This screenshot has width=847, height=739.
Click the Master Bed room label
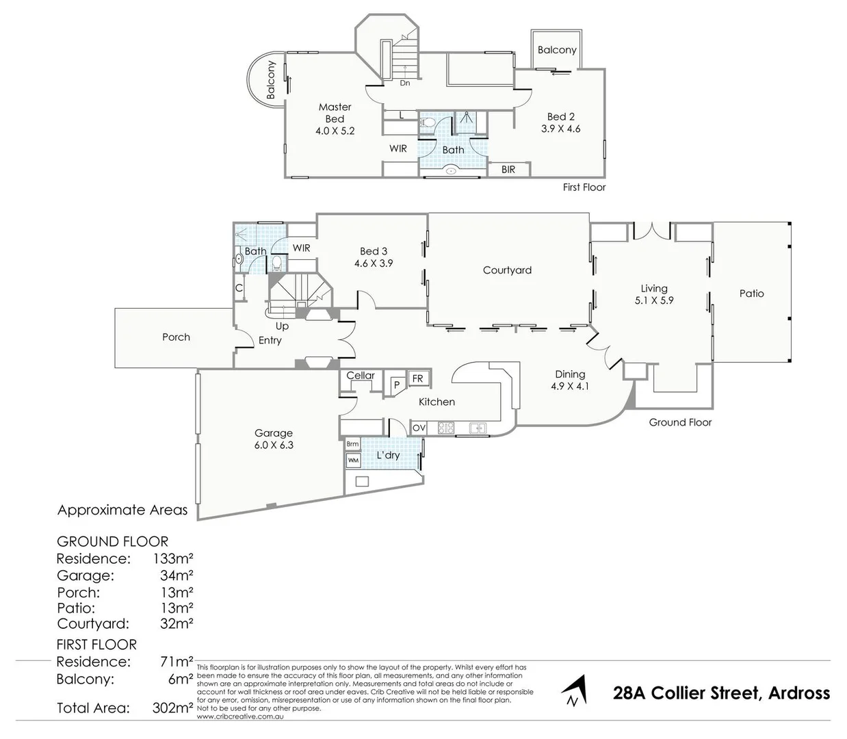(335, 113)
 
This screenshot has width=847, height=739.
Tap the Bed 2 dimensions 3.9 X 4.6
(560, 129)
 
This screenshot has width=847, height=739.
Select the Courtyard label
(507, 270)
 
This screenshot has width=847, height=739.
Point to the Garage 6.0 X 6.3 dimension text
(274, 445)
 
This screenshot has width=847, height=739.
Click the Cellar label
(360, 376)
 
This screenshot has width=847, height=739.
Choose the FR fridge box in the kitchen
(417, 378)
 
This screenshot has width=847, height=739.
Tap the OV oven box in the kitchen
(419, 428)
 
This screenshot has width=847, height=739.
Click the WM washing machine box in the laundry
(353, 461)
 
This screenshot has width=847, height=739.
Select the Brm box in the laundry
(353, 444)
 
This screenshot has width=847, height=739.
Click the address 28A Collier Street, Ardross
(721, 693)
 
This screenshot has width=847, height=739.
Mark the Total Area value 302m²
(172, 708)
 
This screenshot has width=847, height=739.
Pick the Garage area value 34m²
(177, 576)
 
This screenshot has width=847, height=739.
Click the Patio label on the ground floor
(751, 294)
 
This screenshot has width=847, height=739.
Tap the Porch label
(176, 337)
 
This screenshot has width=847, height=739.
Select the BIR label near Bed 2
(508, 170)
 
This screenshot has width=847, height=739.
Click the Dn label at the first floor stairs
(405, 83)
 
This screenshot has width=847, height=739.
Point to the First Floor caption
(584, 187)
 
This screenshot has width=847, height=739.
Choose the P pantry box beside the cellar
(395, 385)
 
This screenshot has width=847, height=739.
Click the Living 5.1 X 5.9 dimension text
(654, 300)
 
